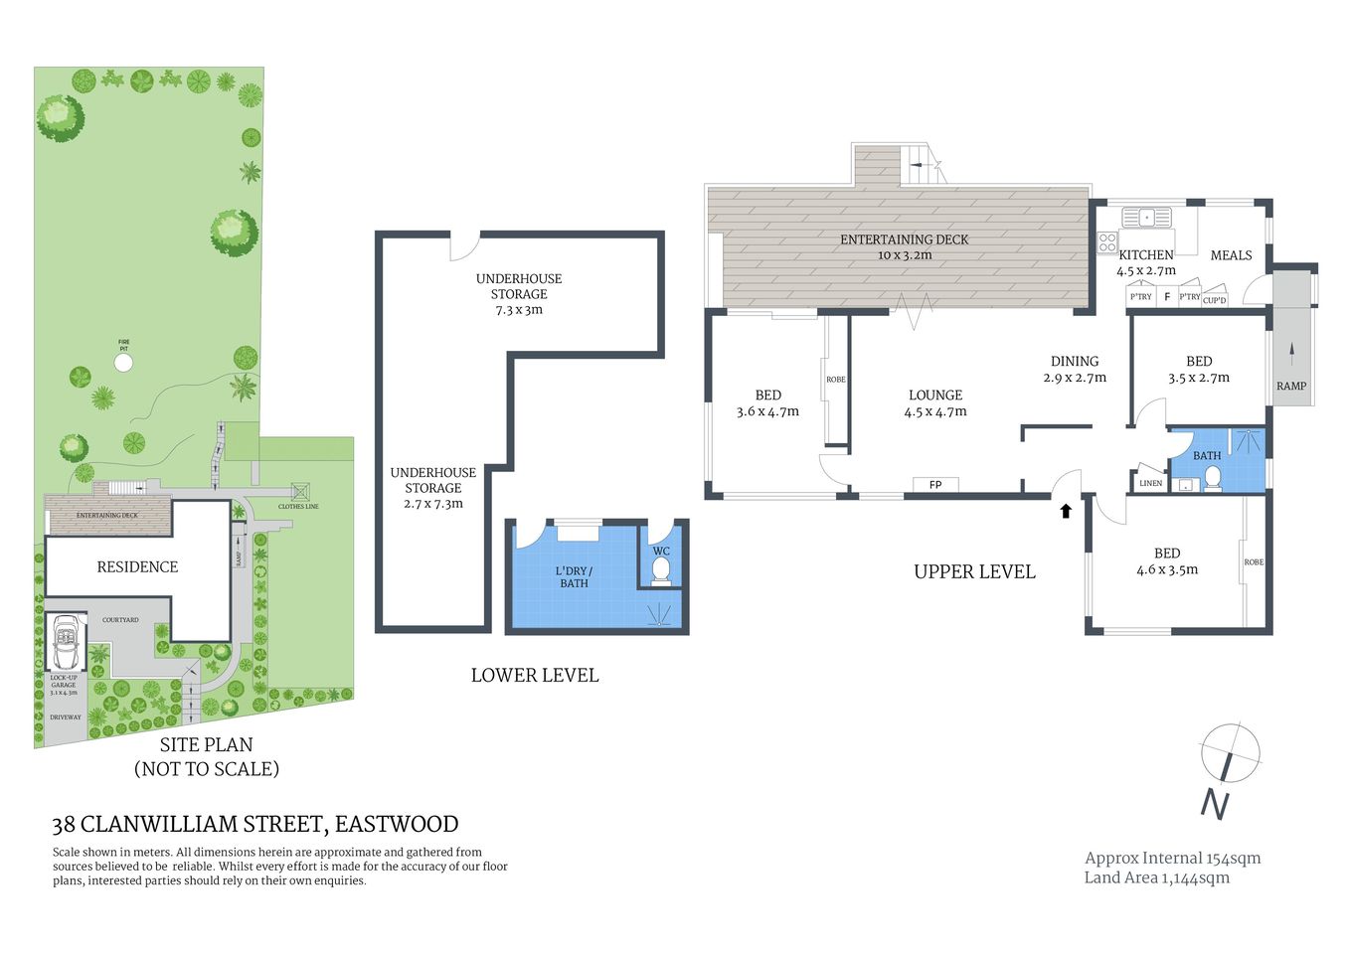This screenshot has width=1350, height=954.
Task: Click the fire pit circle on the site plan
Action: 123,363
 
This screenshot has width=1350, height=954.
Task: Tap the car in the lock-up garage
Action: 66,643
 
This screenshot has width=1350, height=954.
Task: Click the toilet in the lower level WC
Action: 660,570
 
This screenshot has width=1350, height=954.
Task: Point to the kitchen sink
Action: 1146,217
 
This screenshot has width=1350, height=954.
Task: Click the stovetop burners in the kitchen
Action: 1106,242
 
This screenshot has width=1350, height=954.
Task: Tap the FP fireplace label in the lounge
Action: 935,485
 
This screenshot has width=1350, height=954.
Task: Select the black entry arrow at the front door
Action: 1066,511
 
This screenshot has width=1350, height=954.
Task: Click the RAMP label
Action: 1291,386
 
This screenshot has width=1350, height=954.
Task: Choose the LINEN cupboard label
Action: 1150,483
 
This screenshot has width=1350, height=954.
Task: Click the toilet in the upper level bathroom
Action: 1212,480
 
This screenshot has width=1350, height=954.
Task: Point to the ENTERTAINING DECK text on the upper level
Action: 904,239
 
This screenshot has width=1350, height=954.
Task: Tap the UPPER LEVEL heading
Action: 974,571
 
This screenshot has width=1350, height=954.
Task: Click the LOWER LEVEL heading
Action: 535,675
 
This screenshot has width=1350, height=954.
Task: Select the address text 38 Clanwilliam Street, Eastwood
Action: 255,824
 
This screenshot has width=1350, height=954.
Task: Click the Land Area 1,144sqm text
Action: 1156,877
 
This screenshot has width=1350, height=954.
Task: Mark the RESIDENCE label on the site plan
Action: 137,566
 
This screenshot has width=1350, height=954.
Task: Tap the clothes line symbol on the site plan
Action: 300,492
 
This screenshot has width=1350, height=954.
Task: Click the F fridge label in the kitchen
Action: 1167,296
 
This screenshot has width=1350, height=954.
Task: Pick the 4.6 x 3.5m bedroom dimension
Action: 1167,569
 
